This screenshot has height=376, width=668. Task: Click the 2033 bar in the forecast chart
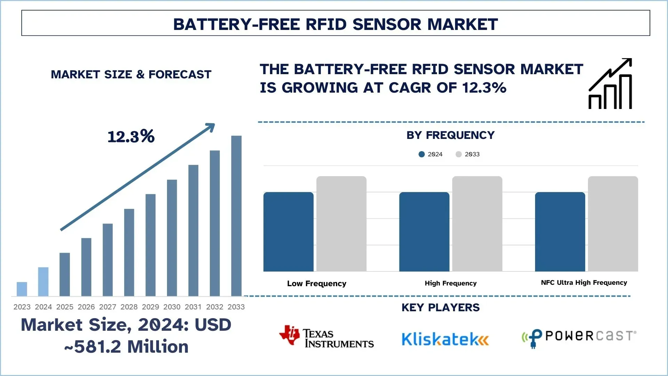pyautogui.click(x=236, y=216)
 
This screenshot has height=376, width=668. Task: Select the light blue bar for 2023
pyautogui.click(x=22, y=289)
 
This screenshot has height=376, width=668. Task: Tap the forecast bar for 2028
pyautogui.click(x=129, y=252)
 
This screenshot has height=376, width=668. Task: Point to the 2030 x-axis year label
pyautogui.click(x=172, y=307)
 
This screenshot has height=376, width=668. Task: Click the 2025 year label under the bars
pyautogui.click(x=65, y=307)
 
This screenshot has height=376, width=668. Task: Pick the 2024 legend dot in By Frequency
pyautogui.click(x=422, y=154)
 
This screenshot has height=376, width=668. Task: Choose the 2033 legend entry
pyautogui.click(x=468, y=154)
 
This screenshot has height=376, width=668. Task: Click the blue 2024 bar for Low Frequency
pyautogui.click(x=288, y=232)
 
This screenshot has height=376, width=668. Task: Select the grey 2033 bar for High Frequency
pyautogui.click(x=477, y=224)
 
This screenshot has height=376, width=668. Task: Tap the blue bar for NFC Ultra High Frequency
pyautogui.click(x=560, y=232)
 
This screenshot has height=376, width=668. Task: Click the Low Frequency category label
pyautogui.click(x=317, y=283)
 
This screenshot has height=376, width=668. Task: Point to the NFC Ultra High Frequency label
pyautogui.click(x=584, y=283)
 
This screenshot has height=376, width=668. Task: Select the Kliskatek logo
pyautogui.click(x=445, y=339)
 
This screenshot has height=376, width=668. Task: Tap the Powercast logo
pyautogui.click(x=579, y=337)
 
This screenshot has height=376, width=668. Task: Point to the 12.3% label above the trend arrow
pyautogui.click(x=131, y=136)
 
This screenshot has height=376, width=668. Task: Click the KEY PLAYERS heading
pyautogui.click(x=440, y=307)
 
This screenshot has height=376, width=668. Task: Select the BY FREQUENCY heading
pyautogui.click(x=451, y=135)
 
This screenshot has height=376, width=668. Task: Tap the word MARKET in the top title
pyautogui.click(x=462, y=24)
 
